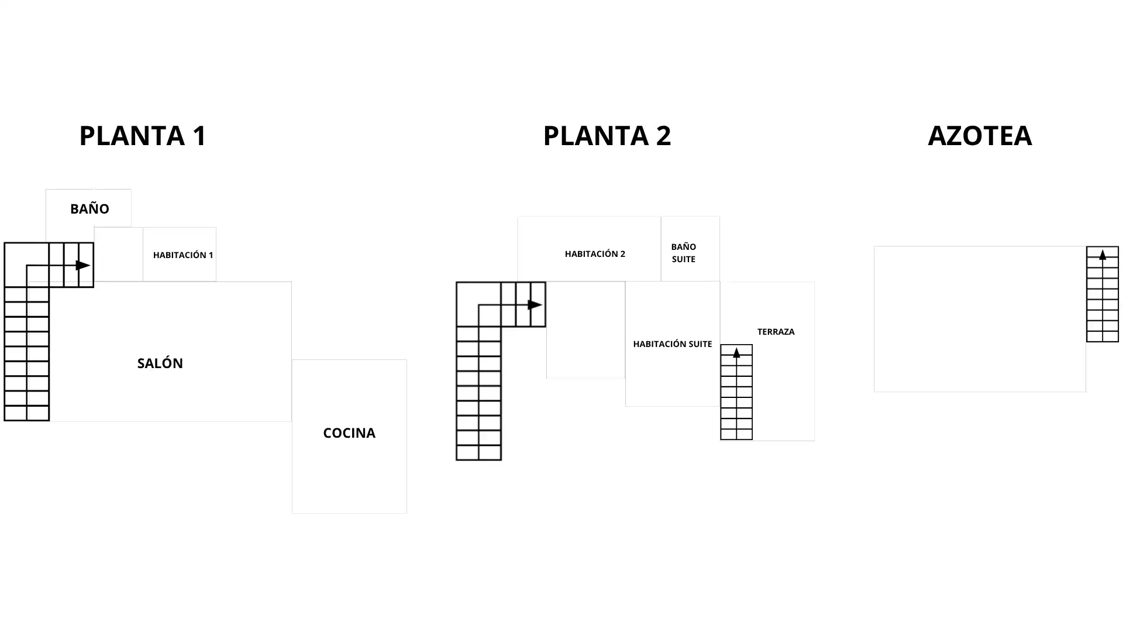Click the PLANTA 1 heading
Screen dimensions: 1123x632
tap(143, 136)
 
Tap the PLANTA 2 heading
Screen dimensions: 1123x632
tap(607, 136)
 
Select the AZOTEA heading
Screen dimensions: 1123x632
tap(980, 136)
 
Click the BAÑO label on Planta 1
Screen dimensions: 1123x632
tap(89, 208)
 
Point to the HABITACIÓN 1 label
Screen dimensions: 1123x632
tap(183, 255)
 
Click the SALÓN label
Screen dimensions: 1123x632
tap(160, 363)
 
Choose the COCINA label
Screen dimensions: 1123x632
tap(349, 433)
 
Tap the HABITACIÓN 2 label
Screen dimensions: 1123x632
tap(595, 254)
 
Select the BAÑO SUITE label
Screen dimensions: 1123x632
tap(684, 253)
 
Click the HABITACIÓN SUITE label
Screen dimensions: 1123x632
tap(673, 344)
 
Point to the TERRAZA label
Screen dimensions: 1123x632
tap(776, 332)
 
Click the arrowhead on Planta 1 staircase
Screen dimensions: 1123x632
tap(83, 266)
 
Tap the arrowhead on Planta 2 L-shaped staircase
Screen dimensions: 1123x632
tap(535, 305)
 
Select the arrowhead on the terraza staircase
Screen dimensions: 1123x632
tap(736, 353)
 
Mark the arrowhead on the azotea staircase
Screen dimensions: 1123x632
tap(1103, 255)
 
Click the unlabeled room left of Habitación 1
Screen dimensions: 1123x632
tap(119, 255)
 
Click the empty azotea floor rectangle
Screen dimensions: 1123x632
tap(980, 319)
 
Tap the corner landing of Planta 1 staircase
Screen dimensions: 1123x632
tap(26, 265)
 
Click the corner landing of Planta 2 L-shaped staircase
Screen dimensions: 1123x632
tap(478, 304)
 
